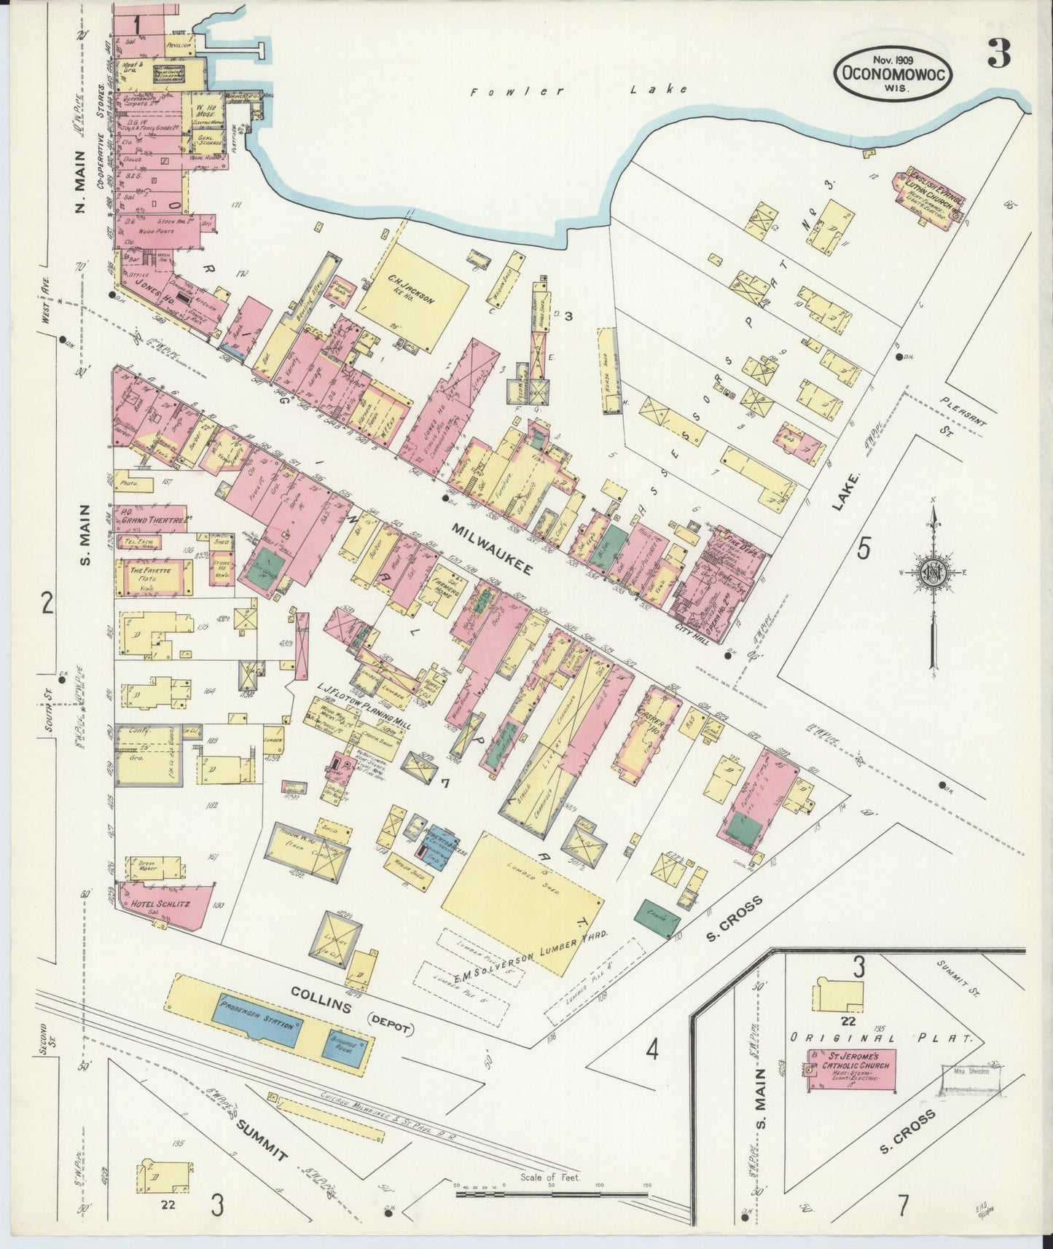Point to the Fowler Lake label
coord(579,90)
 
